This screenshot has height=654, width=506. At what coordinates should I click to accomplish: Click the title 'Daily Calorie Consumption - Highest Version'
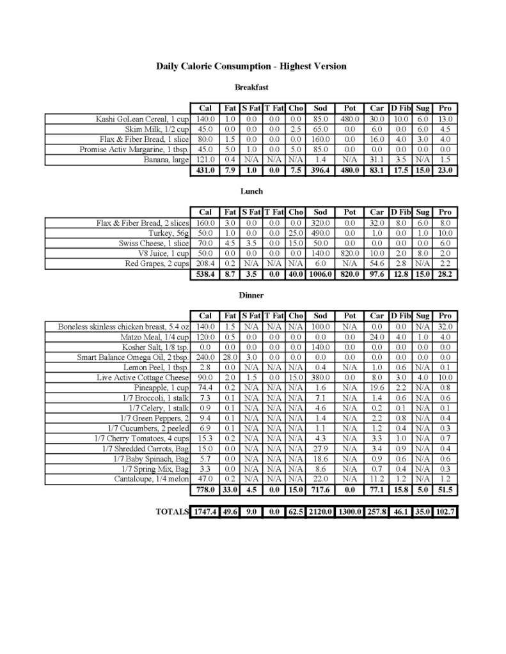[251, 66]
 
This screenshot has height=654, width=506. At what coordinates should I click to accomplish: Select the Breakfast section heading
[251, 87]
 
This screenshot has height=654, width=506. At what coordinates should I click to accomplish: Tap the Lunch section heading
[251, 191]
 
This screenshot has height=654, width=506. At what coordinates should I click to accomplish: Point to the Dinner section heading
[251, 295]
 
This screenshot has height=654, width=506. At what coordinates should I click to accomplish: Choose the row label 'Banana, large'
[166, 160]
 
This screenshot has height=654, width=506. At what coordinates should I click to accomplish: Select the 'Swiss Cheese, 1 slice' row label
[154, 244]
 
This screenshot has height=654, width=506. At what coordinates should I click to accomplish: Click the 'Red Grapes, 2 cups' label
[157, 264]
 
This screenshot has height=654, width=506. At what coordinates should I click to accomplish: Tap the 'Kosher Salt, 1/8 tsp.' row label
[155, 347]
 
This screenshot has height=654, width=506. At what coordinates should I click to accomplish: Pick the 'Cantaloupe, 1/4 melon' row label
[152, 479]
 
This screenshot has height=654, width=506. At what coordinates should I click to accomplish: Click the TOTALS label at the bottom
[173, 512]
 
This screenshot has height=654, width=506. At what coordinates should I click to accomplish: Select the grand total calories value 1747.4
[205, 512]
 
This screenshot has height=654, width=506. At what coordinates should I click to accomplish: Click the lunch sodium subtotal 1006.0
[320, 275]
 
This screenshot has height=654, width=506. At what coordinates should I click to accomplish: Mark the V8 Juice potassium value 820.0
[350, 254]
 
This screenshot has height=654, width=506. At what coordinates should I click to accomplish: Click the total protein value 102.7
[445, 512]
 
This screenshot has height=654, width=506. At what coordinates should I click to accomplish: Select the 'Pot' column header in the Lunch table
[350, 212]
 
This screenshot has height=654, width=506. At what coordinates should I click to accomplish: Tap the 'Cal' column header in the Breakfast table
[205, 108]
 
